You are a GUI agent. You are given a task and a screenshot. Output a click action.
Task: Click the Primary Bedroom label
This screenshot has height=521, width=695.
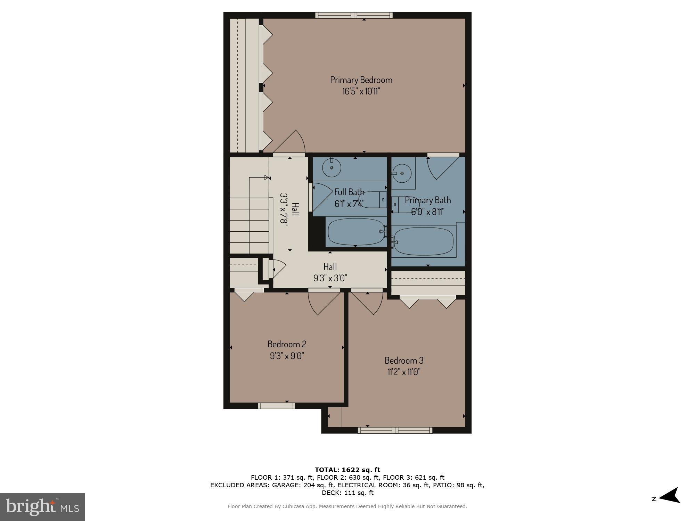coord(361,80)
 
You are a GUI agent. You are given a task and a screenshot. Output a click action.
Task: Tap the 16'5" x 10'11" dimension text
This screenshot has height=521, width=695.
coord(361,92)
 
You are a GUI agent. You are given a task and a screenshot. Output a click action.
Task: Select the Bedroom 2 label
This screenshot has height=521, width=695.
coord(287,344)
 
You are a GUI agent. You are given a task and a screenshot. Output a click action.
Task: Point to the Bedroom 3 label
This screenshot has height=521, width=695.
coord(404,360)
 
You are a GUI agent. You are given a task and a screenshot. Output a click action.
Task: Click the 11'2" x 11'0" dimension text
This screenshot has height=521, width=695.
coord(404,372)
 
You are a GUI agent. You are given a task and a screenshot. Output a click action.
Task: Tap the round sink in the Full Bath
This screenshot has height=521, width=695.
coord(332,168)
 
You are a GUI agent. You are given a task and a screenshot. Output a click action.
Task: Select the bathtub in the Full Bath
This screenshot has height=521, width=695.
coord(355,232)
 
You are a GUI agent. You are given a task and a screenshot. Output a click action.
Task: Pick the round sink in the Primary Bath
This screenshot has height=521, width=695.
coord(402,173)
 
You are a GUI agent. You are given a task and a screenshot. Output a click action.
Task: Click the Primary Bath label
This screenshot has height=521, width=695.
coord(428,200)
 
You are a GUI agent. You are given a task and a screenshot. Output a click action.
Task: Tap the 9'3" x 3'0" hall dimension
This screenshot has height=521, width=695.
coord(330,278)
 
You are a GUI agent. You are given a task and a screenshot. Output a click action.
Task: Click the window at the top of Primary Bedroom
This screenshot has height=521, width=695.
coord(354,15)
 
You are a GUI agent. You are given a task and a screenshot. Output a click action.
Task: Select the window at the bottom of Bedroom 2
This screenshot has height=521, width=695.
coord(276,406)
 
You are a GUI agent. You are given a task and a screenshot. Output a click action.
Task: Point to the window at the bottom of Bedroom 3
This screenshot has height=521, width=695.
coord(395,430)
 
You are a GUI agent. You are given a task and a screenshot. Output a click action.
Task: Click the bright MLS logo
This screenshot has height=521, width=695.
coord(42,507)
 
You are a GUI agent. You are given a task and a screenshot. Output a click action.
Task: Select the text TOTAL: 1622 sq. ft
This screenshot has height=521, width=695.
coord(347,470)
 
